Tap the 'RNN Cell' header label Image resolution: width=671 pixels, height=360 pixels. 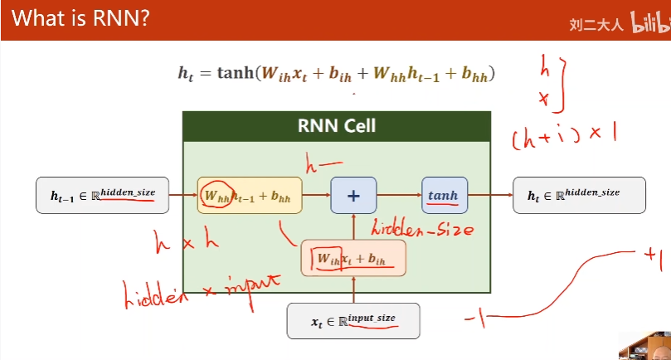click(x=336, y=126)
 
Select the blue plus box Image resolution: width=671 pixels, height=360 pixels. click(x=353, y=196)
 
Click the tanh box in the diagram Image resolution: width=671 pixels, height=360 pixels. click(x=445, y=196)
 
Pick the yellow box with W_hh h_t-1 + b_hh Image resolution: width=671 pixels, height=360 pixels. click(x=250, y=197)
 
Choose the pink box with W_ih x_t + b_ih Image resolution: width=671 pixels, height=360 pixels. click(x=353, y=258)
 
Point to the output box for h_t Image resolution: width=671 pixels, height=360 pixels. click(x=579, y=196)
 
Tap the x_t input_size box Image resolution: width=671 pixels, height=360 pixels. click(x=353, y=321)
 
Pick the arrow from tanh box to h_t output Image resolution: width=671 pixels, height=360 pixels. click(x=490, y=196)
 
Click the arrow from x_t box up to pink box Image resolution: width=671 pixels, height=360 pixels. click(x=353, y=290)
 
